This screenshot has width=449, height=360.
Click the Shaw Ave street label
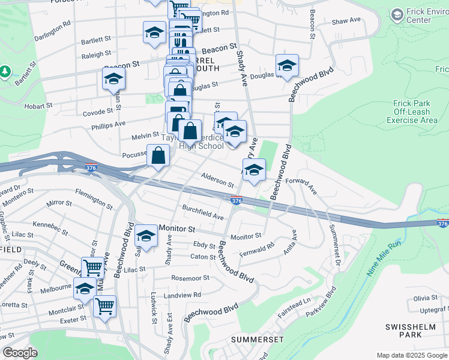click(x=346, y=20)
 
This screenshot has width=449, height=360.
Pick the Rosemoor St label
click(x=190, y=278)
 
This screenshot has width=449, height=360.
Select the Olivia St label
click(x=425, y=298)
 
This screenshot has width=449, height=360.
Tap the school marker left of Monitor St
click(x=146, y=236)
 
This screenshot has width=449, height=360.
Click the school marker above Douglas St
click(x=287, y=65)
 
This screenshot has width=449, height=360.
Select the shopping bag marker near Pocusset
click(x=158, y=156)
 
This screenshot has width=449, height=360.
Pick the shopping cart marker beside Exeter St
click(x=105, y=307)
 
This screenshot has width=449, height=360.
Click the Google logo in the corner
click(x=20, y=353)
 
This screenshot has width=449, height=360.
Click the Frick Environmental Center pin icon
click(x=397, y=14)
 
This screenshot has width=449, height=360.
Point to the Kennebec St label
click(x=49, y=224)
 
